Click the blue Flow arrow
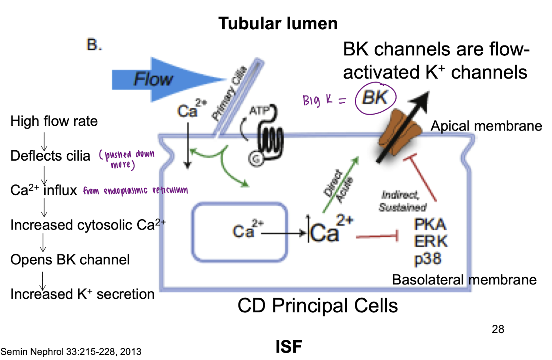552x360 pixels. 158,80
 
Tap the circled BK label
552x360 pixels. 375,97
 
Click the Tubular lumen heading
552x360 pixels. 278,24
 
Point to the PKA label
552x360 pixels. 430,225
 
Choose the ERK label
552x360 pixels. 431,241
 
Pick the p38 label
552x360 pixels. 428,259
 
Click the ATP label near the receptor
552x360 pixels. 259,111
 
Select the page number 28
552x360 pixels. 498,329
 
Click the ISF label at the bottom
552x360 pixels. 289,347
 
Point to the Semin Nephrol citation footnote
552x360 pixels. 71,352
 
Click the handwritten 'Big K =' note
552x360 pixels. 324,100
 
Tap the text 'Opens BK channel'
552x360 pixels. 70,260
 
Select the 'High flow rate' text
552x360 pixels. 54,121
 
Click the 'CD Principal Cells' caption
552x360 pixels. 318,306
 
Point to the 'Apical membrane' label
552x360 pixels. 486,126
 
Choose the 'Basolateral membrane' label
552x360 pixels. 464,280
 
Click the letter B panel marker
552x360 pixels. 94,45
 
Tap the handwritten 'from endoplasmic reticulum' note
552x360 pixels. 135,191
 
